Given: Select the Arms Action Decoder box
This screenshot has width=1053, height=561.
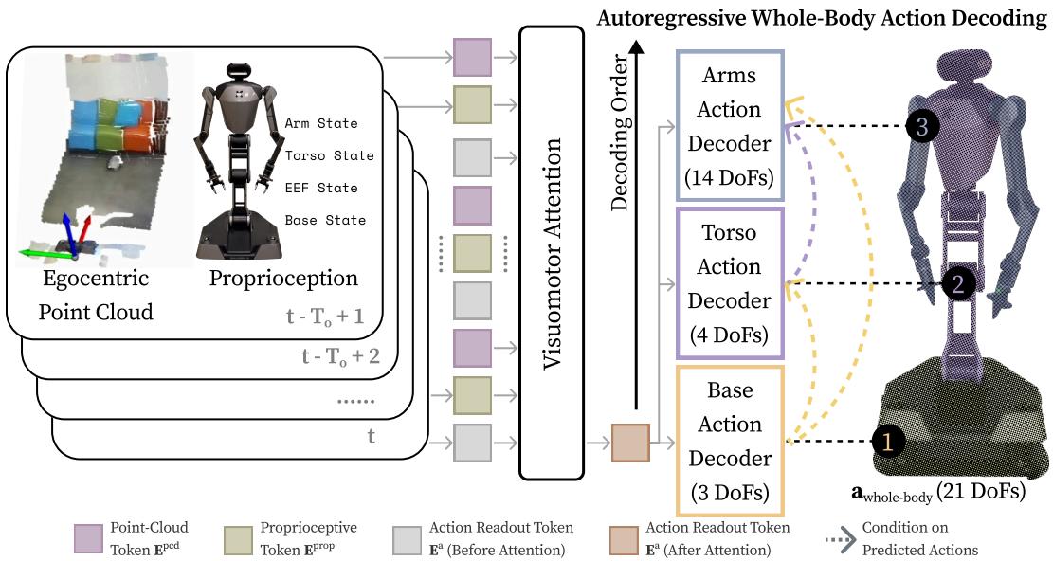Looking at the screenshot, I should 729,124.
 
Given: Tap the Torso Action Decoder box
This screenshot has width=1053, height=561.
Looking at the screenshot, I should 729,283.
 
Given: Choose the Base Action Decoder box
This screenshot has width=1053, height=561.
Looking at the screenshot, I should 729,441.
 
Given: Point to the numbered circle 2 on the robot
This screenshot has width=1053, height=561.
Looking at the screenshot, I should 957,282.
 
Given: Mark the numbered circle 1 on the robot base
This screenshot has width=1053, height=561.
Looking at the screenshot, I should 887,441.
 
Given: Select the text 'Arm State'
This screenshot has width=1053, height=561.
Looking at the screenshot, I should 321,123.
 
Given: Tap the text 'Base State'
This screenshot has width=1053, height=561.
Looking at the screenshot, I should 325,220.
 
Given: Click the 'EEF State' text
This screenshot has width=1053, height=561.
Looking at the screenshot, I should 321,188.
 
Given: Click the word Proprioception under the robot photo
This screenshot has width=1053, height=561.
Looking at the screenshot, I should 283,279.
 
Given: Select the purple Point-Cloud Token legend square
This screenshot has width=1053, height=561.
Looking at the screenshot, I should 89,537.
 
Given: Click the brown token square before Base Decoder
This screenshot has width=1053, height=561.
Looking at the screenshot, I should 629,442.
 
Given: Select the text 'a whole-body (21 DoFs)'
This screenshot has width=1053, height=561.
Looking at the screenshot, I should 938,493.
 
